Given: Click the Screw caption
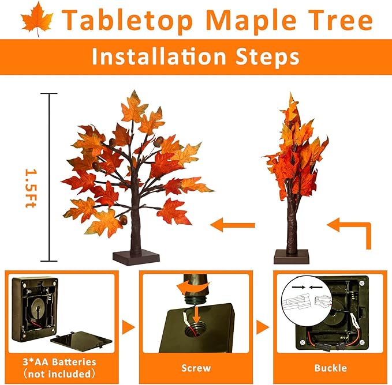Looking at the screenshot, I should [x=196, y=367].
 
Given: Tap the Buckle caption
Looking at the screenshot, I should [x=331, y=367].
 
